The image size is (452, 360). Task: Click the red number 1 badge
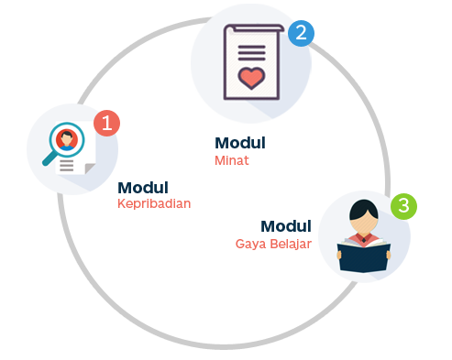click(x=106, y=123)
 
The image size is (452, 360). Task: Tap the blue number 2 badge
click(x=301, y=33)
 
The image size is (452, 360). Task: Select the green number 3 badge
click(x=403, y=206)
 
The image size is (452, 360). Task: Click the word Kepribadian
click(x=154, y=203)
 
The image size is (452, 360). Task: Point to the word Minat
click(x=232, y=160)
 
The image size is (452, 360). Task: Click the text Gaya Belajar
click(x=273, y=244)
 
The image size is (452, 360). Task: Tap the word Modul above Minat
click(x=240, y=143)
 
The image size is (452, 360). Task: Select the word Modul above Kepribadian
click(x=143, y=188)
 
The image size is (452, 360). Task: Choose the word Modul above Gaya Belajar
click(x=286, y=226)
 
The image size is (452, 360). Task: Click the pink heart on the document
click(x=251, y=78)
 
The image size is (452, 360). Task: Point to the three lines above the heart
click(x=251, y=53)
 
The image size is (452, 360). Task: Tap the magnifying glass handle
click(x=50, y=158)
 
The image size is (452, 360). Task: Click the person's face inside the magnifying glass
click(x=67, y=140)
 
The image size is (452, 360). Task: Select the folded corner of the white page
click(x=90, y=169)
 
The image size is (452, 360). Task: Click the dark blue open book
click(x=364, y=256)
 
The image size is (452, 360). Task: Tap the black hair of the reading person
click(x=364, y=210)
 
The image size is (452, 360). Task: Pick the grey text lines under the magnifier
click(x=66, y=165)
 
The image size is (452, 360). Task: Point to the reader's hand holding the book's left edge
click(x=339, y=255)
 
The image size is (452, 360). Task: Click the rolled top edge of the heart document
click(x=254, y=27)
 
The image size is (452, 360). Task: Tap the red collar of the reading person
click(x=364, y=238)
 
